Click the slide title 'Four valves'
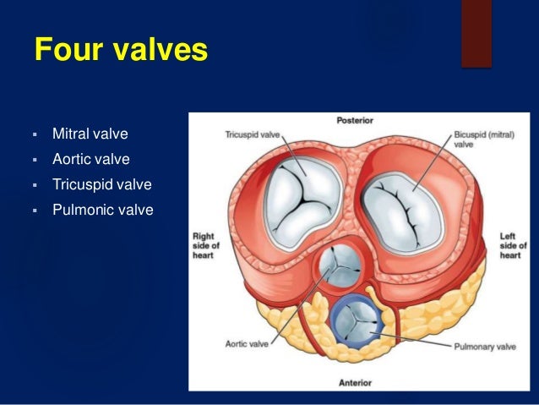pos(122,49)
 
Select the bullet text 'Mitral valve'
pos(90,134)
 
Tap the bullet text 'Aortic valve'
pos(91,159)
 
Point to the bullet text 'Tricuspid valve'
pos(102,184)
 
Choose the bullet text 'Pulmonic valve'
pos(103,210)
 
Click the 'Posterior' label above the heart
pos(355,120)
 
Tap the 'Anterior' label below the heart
pos(355,383)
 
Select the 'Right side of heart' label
pos(205,246)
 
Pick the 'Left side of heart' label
pos(513,246)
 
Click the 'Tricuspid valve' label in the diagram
pos(253,134)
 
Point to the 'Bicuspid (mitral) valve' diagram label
pos(484,140)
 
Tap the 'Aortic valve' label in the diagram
pos(247,344)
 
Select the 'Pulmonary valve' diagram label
pos(485,347)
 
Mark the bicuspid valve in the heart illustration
pos(402,213)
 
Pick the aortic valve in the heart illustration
pos(340,265)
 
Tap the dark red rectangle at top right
pos(476,34)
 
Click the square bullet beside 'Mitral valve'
pos(35,134)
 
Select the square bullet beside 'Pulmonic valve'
pos(35,211)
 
